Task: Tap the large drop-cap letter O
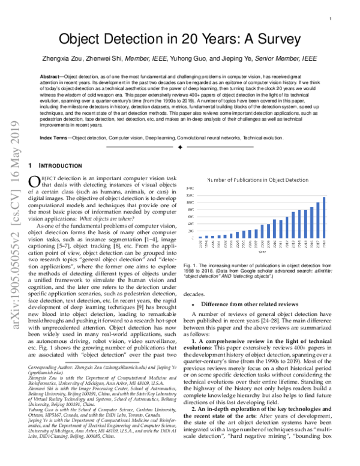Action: coord(34,182)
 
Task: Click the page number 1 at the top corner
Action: coord(331,19)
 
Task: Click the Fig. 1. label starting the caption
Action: coord(191,265)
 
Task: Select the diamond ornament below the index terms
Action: coord(180,147)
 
